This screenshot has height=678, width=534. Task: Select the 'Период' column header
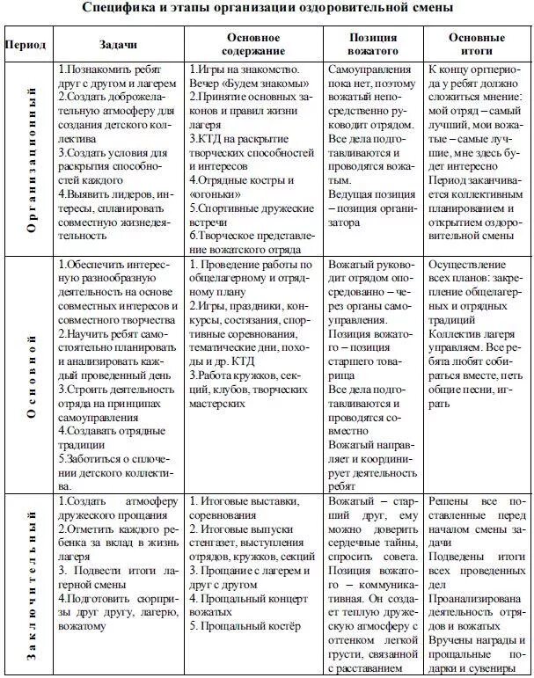point(26,44)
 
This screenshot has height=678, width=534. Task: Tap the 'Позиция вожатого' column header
point(372,44)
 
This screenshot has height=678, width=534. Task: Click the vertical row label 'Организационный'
point(31,158)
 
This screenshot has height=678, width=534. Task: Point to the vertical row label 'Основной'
point(31,375)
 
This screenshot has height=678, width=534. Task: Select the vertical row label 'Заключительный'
point(31,584)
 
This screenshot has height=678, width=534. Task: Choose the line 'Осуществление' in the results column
point(470,265)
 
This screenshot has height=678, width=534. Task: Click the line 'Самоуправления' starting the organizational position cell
point(371,68)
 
